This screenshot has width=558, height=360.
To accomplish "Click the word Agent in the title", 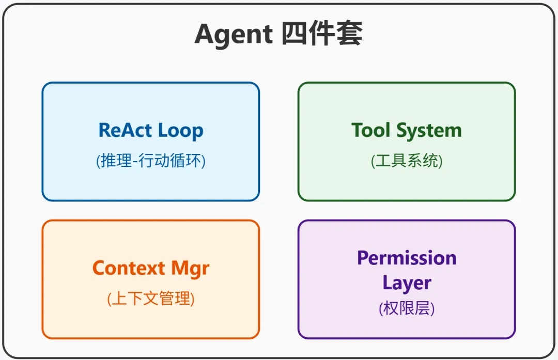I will [x=233, y=35].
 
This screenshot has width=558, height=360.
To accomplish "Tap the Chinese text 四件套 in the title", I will [x=322, y=35].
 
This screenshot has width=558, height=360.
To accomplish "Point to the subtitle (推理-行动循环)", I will [x=151, y=161].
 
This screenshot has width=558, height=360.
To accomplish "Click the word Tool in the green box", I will [x=370, y=130].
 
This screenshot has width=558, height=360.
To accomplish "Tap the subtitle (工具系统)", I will [x=407, y=161].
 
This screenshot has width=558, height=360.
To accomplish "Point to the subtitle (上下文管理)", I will [x=151, y=299].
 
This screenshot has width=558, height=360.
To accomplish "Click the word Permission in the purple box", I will [x=407, y=258].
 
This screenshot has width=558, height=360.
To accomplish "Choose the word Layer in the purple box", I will [x=407, y=283].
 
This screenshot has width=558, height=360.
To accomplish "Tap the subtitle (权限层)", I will [x=407, y=308].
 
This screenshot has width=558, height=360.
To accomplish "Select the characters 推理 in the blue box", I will [x=115, y=161].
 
